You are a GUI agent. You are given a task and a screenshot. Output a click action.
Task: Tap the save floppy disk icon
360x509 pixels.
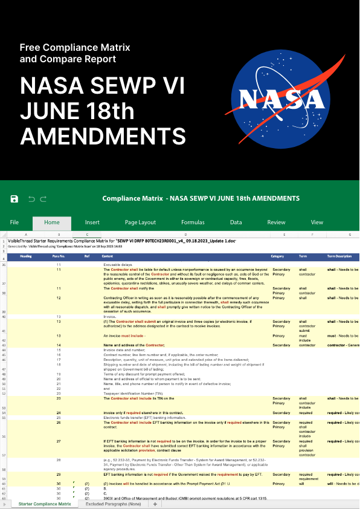(14, 199)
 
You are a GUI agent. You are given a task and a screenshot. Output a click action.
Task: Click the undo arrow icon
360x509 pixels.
(31, 199)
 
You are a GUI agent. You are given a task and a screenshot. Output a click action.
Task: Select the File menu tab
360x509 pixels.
(14, 222)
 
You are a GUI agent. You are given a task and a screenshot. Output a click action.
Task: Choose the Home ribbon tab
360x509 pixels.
(52, 222)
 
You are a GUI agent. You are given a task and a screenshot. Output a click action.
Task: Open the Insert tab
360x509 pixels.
(92, 222)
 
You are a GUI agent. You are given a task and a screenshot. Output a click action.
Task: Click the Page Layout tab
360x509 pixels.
(140, 222)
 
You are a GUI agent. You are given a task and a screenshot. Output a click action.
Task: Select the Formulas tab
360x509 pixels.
(193, 222)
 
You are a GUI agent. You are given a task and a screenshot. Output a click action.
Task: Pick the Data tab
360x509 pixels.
(236, 222)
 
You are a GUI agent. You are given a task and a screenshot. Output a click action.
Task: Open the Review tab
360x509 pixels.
(277, 222)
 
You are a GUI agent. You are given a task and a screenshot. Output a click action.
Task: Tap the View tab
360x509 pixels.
(317, 222)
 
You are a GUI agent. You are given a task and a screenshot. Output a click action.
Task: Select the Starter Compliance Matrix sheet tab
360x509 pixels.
(44, 504)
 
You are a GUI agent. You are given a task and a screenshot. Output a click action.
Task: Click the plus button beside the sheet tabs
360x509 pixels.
(155, 504)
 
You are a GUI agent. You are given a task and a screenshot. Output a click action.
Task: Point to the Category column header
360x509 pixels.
(278, 256)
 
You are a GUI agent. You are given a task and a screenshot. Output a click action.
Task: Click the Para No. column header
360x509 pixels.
(59, 256)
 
